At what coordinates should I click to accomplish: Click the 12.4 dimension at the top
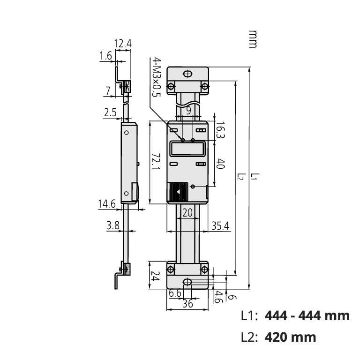[123, 44]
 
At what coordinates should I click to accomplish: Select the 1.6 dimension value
[106, 56]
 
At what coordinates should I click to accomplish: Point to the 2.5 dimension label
[111, 112]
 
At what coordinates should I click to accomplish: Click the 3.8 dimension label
[113, 225]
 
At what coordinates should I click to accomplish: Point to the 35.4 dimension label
[219, 225]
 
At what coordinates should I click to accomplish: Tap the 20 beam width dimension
[187, 212]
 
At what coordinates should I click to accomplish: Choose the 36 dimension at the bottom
[187, 303]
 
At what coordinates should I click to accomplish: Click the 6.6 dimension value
[175, 293]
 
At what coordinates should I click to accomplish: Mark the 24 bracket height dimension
[156, 277]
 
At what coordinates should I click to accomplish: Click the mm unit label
[253, 39]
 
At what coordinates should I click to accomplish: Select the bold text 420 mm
[290, 337]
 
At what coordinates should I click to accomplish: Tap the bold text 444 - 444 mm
[307, 315]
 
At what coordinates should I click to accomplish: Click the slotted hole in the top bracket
[187, 74]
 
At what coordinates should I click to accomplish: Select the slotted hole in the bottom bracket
[187, 282]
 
